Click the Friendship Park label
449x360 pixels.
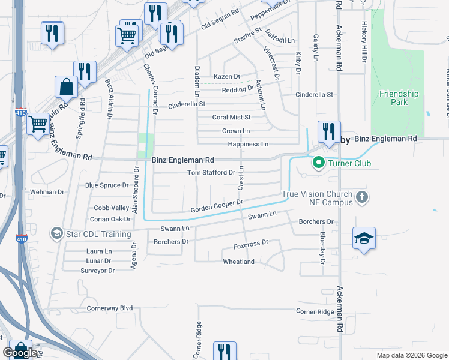tap(399, 98)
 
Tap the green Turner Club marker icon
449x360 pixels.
tap(318, 163)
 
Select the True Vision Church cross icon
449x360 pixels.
tap(361, 197)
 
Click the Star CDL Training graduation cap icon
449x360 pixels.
tap(56, 233)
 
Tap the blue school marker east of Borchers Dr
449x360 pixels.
tap(364, 238)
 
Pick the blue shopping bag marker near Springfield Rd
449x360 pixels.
tap(66, 87)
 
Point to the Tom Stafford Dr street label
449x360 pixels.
tap(211, 173)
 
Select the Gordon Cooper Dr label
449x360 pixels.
tap(216, 206)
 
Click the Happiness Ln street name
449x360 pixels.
tap(247, 145)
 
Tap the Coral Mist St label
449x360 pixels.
tap(231, 118)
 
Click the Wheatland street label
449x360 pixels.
tap(239, 262)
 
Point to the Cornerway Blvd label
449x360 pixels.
tap(109, 308)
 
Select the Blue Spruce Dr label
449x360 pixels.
tap(107, 185)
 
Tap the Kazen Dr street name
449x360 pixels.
tap(227, 77)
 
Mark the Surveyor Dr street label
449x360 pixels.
tap(97, 271)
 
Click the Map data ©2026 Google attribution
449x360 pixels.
tap(411, 355)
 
